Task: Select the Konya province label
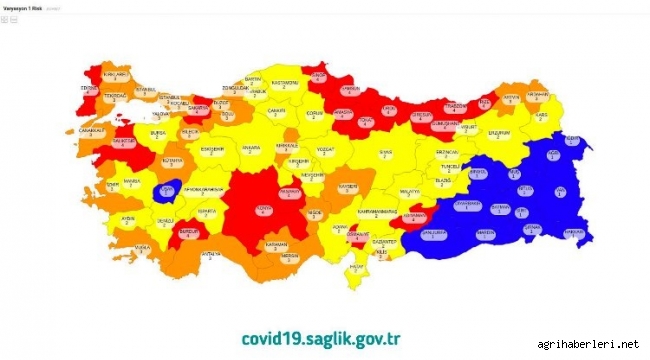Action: point(264,207)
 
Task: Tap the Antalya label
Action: point(210,254)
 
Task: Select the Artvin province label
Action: point(511,97)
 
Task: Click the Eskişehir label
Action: point(211,149)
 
